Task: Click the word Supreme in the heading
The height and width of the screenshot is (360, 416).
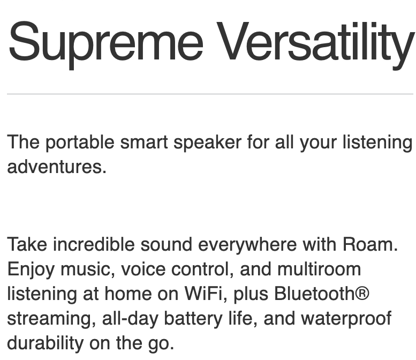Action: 106,44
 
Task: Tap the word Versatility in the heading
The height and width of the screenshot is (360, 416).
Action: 316,44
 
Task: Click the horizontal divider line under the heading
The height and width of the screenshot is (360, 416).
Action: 210,94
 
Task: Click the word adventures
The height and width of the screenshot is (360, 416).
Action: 57,167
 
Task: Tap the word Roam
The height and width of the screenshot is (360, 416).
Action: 370,244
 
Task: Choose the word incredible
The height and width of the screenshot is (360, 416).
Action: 94,244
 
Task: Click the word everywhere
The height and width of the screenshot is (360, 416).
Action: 247,245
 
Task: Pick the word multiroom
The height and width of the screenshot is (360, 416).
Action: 319,269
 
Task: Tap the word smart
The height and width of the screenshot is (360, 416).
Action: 144,142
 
